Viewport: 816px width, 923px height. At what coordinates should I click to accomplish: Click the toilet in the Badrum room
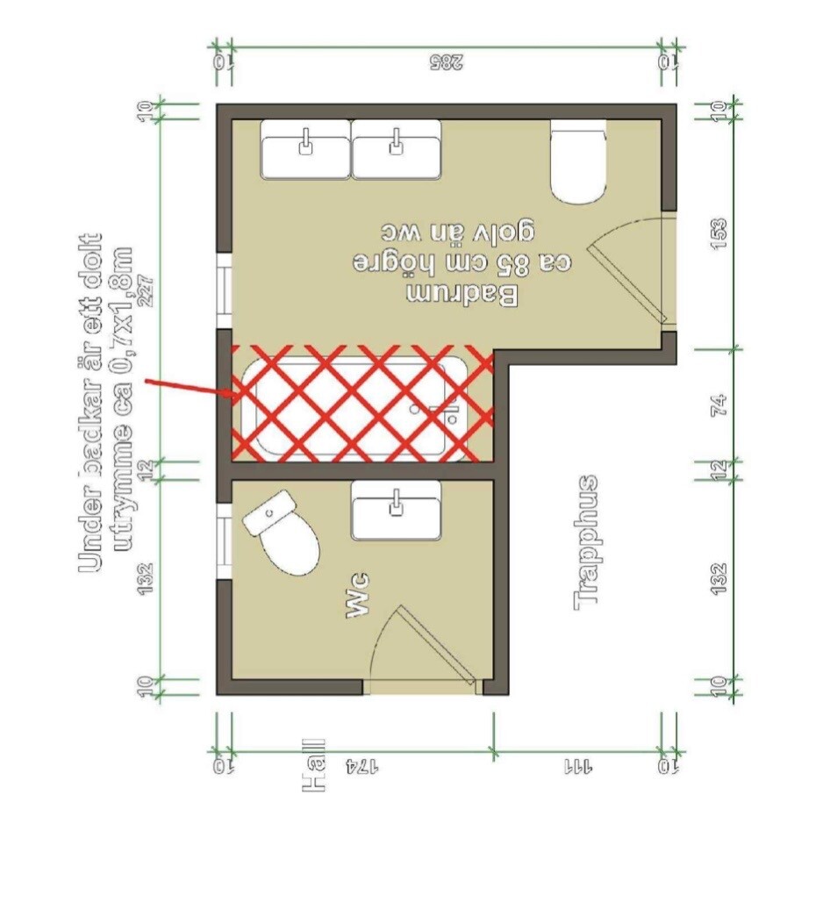(x=577, y=161)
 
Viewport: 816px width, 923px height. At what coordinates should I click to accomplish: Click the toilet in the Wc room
(x=282, y=533)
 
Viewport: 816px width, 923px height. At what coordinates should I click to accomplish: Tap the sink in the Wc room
(x=396, y=511)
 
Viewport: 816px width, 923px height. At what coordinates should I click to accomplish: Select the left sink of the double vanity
(x=305, y=149)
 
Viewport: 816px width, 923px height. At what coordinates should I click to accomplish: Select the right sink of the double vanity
(x=397, y=149)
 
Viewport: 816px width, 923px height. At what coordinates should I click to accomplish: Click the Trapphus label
(x=586, y=542)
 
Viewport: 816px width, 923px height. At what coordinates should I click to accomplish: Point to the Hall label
(x=313, y=765)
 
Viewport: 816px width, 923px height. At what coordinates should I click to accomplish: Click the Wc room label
(x=358, y=595)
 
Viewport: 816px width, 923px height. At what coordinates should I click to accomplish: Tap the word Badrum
(x=463, y=295)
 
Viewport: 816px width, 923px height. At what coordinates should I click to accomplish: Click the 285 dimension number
(x=447, y=61)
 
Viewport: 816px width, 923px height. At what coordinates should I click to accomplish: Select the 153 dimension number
(x=719, y=233)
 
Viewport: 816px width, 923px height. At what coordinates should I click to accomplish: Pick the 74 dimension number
(x=719, y=405)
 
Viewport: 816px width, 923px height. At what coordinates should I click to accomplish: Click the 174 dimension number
(x=361, y=767)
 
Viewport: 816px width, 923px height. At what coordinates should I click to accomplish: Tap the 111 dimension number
(x=579, y=767)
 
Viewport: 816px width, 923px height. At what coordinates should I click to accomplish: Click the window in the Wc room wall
(x=224, y=541)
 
